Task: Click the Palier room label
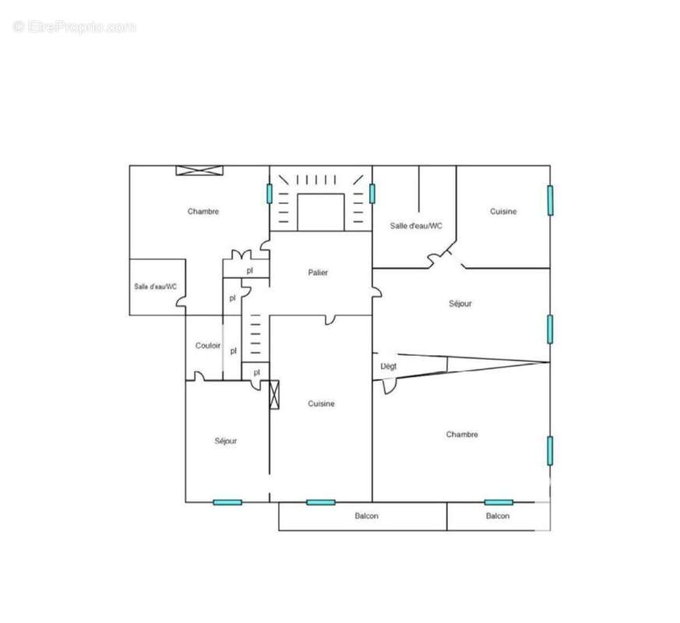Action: click(x=318, y=273)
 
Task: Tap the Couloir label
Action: click(x=208, y=346)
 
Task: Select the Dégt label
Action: click(x=388, y=366)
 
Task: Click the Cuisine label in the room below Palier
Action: click(x=321, y=403)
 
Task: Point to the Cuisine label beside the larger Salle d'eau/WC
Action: click(x=503, y=211)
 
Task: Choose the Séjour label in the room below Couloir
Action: click(x=226, y=441)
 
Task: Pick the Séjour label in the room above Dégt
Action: click(x=460, y=304)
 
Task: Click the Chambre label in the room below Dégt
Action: click(x=462, y=435)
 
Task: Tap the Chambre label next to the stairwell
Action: click(x=203, y=211)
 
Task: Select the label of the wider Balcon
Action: click(x=367, y=516)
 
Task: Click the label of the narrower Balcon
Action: click(x=498, y=516)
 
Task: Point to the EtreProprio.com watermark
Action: click(x=75, y=27)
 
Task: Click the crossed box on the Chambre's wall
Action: click(x=199, y=171)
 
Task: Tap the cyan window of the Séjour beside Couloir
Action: click(x=227, y=502)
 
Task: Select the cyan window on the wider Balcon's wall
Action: click(x=321, y=502)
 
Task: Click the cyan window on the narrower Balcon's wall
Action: click(x=499, y=502)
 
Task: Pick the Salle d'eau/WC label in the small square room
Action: click(x=156, y=287)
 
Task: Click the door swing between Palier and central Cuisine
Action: click(x=330, y=319)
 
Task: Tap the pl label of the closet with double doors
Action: click(x=250, y=270)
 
